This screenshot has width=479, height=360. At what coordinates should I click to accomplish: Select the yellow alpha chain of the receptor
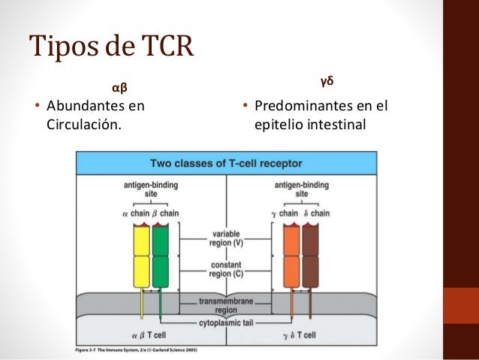point(141,256)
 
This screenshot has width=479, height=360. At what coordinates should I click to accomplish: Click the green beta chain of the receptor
point(161,256)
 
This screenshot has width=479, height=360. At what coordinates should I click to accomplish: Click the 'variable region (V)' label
point(226,238)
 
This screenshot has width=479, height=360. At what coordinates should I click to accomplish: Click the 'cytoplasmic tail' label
point(226,323)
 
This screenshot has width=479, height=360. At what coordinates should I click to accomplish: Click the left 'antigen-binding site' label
point(150,189)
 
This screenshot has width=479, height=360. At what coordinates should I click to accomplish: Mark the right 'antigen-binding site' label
point(301,189)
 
